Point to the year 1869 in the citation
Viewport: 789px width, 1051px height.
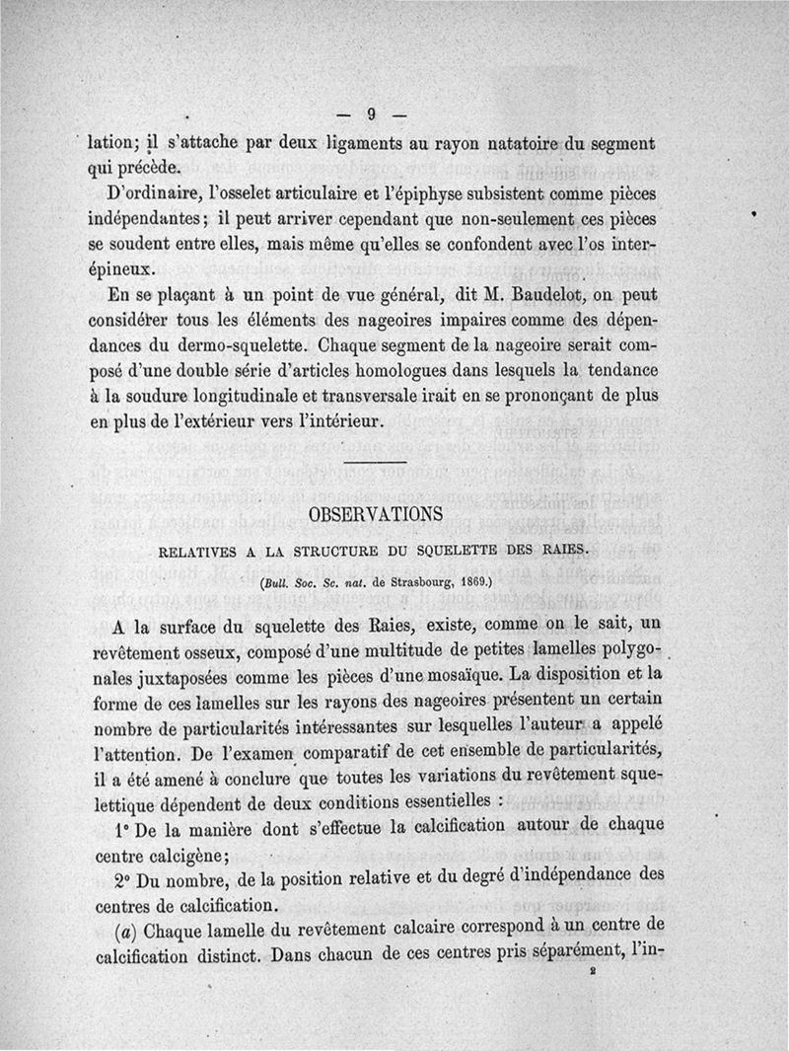click(477, 582)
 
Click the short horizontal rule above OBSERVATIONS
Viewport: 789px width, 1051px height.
click(376, 463)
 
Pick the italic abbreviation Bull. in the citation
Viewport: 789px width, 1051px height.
click(277, 582)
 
